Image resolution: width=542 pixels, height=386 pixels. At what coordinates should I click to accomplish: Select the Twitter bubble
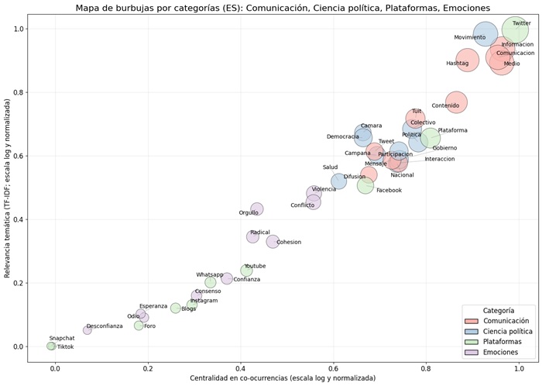[515, 30]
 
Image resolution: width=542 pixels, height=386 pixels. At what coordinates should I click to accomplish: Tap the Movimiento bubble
[485, 34]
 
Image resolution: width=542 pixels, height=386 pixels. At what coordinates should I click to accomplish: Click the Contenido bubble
[456, 102]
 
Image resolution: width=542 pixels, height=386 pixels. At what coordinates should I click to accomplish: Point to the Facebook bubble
[365, 185]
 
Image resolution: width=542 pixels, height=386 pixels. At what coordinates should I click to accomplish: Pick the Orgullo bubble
[257, 209]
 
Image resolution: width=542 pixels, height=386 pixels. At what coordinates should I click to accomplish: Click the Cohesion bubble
[273, 242]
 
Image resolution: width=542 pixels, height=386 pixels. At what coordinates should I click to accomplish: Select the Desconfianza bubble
[87, 330]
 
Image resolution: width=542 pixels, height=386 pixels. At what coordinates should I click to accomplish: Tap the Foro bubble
[139, 326]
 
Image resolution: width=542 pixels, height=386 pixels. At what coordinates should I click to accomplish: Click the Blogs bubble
[176, 308]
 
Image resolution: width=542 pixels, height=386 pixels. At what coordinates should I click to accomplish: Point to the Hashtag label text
[458, 64]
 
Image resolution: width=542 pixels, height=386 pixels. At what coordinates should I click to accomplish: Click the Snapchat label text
[62, 339]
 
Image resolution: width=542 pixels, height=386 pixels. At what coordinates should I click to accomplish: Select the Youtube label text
[255, 267]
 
